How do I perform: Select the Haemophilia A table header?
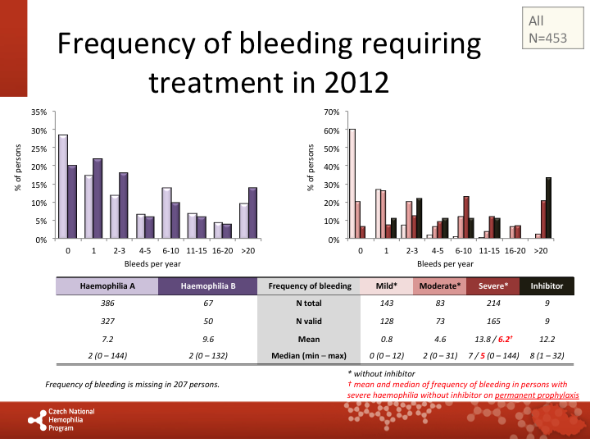tap(107, 286)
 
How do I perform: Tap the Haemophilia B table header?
tap(206, 286)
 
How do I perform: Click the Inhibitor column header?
tap(547, 286)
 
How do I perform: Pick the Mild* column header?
tap(385, 286)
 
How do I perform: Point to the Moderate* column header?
tap(439, 286)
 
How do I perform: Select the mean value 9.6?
tap(206, 338)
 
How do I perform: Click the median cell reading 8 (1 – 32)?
tap(547, 356)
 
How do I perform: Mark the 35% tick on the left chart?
tap(39, 112)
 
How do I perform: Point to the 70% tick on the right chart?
tap(333, 112)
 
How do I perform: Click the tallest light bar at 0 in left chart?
tap(63, 187)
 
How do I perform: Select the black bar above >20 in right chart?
tap(548, 208)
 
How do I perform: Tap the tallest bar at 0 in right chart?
tap(352, 184)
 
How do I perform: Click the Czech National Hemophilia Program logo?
tap(62, 418)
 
